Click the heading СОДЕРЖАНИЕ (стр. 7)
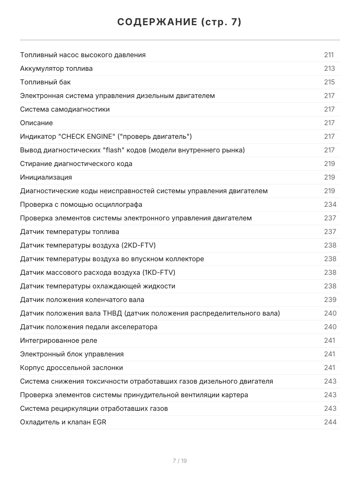(180, 22)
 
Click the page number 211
(329, 55)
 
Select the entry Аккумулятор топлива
(56, 68)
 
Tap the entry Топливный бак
(45, 82)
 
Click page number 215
(329, 82)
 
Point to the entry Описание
(36, 123)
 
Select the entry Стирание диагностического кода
(76, 164)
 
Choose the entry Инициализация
(46, 177)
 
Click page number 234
(330, 204)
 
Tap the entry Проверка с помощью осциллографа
(81, 204)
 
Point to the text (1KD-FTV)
(159, 272)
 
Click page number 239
(330, 300)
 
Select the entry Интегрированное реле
(58, 340)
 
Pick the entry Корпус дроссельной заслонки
(72, 368)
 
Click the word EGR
(99, 422)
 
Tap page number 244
(330, 422)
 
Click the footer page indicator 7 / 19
(180, 461)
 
